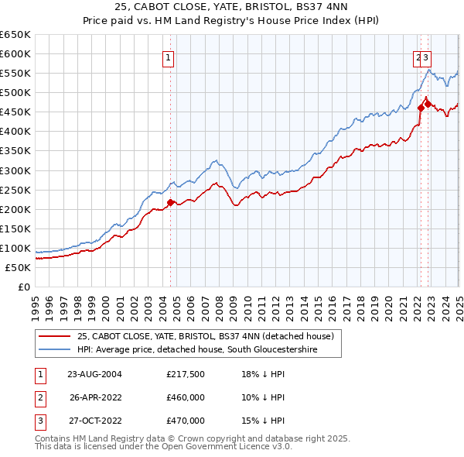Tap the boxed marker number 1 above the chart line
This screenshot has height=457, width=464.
pyautogui.click(x=168, y=56)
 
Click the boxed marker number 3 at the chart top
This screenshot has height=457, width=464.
pyautogui.click(x=426, y=56)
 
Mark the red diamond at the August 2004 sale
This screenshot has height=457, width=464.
pyautogui.click(x=171, y=202)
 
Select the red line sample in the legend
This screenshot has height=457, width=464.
pyautogui.click(x=55, y=336)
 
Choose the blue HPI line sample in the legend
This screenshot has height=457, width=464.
pyautogui.click(x=55, y=350)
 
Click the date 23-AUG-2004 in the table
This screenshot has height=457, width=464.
pyautogui.click(x=95, y=373)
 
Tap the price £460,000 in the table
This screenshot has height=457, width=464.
pyautogui.click(x=186, y=397)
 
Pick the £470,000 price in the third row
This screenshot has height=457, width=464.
pyautogui.click(x=186, y=421)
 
